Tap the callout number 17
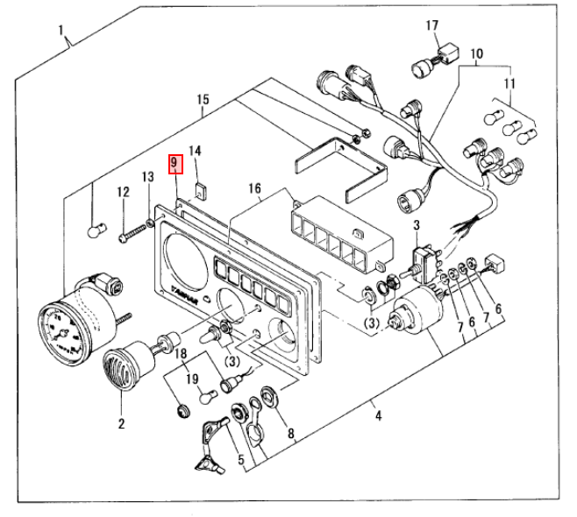pos(431,25)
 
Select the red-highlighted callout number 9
pos(175,164)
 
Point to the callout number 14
pos(196,151)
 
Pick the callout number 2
pos(121,424)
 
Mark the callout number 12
pos(124,193)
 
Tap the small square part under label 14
pos(200,187)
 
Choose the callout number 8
pos(290,432)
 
